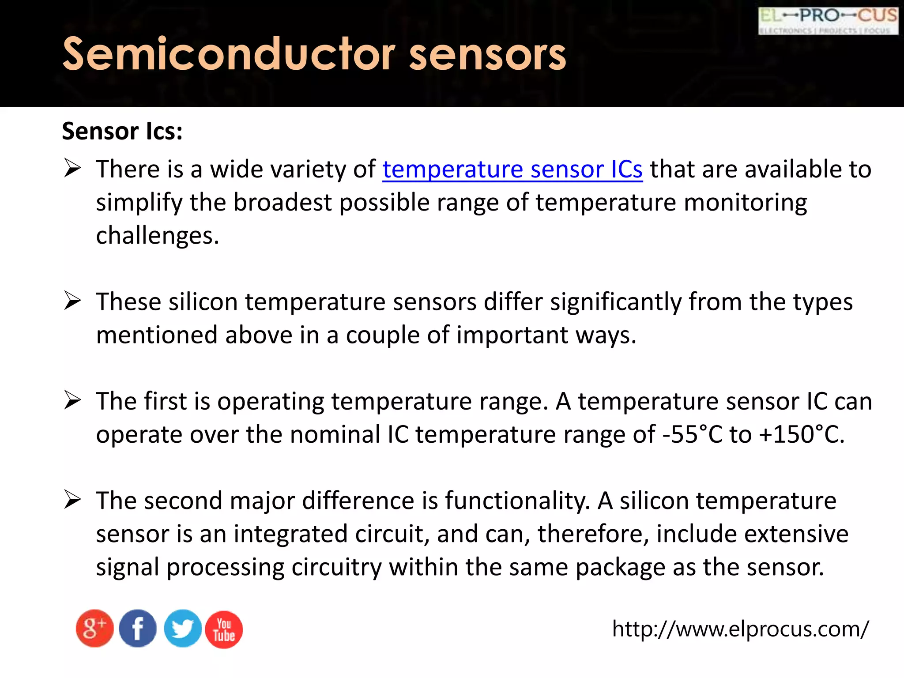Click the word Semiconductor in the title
click(229, 54)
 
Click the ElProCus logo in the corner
click(828, 21)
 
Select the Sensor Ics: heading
click(122, 131)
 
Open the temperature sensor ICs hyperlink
click(512, 169)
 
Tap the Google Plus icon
click(94, 629)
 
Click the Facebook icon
click(138, 629)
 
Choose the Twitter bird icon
click(182, 629)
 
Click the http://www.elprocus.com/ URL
click(740, 629)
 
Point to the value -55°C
click(692, 434)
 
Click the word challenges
click(157, 236)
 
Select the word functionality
click(517, 501)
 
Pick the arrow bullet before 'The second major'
click(72, 500)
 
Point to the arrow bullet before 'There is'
click(72, 168)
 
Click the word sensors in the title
click(487, 54)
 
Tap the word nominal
click(335, 434)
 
